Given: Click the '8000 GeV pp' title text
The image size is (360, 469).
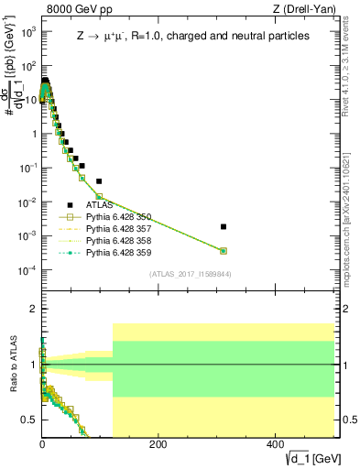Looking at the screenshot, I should [76, 8].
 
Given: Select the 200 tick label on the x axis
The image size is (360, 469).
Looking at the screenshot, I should [158, 443].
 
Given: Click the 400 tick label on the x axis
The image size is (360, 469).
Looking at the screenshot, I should [274, 443].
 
